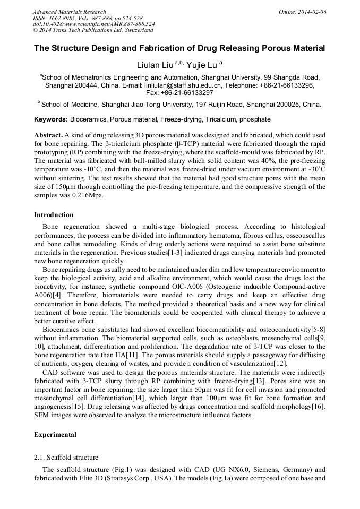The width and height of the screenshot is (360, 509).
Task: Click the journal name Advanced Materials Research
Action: (x=69, y=12)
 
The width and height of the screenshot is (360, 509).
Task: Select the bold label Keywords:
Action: (x=51, y=119)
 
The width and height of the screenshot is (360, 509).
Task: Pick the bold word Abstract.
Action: (x=48, y=135)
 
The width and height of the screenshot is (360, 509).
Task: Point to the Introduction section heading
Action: (x=54, y=215)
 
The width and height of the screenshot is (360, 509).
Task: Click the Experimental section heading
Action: (x=55, y=435)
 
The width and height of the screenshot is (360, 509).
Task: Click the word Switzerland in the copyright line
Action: (x=136, y=30)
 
